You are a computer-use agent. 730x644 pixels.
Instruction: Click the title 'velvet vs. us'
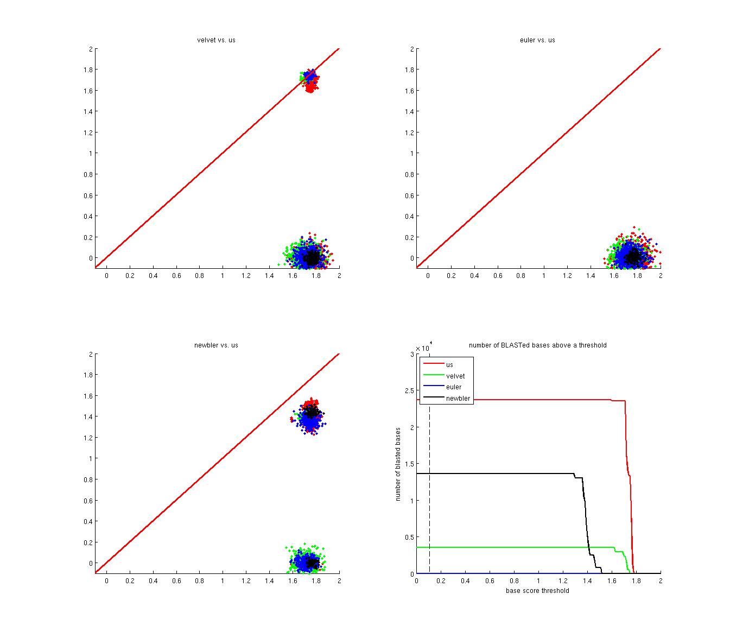216,40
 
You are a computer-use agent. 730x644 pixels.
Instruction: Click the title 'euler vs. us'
537,40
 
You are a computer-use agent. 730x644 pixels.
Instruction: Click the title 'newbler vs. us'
216,345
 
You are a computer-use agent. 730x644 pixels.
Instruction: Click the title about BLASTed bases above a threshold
537,345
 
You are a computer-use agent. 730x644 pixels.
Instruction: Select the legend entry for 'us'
449,365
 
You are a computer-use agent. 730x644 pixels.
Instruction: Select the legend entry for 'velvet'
455,376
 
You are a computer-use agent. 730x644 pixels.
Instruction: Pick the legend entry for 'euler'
454,387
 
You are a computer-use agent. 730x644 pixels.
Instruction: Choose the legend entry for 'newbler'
458,399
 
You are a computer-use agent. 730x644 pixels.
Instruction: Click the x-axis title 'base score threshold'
537,591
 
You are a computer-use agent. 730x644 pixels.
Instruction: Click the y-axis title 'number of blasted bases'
398,464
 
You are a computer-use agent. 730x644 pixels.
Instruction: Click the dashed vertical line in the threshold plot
429,489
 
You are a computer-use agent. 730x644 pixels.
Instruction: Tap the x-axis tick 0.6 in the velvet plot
176,276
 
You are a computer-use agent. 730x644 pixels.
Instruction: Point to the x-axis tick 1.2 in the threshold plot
563,581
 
